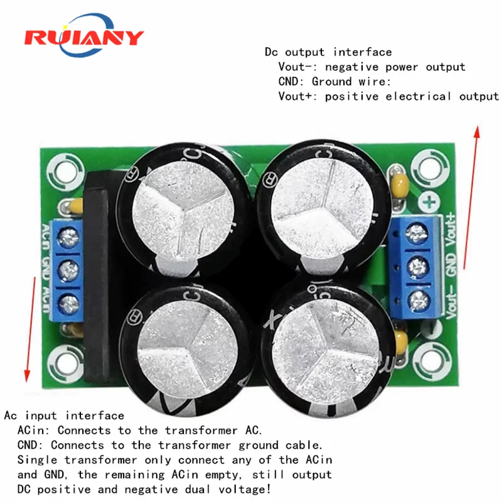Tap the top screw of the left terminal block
[x=69, y=236]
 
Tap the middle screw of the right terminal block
[x=414, y=267]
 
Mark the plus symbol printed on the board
[x=429, y=203]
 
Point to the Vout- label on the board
[x=450, y=301]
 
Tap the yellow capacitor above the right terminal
[x=400, y=184]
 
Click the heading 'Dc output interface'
[x=328, y=52]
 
